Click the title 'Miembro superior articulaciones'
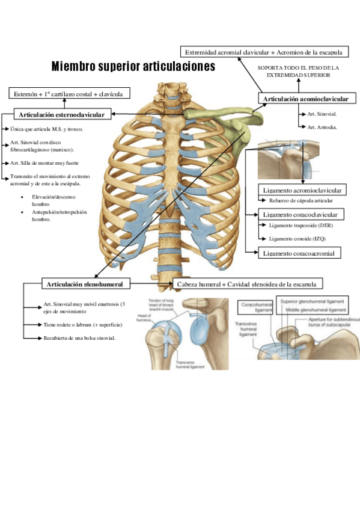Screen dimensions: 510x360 click(133, 67)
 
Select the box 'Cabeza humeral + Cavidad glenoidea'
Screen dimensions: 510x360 click(246, 283)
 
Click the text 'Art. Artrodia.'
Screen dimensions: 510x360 click(322, 127)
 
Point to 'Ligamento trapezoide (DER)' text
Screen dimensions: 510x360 click(301, 226)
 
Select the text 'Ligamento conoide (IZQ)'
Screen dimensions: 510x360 click(297, 239)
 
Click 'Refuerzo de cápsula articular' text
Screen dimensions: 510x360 click(301, 200)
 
